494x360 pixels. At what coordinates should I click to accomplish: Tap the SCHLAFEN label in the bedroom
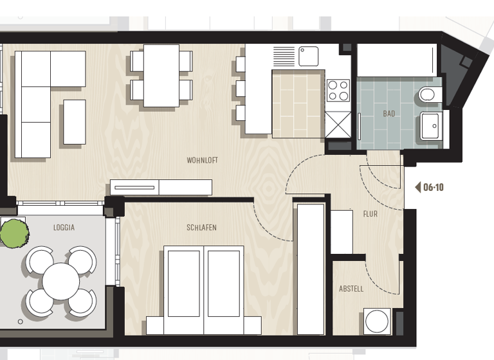(201, 228)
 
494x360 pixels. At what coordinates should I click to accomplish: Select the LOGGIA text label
(64, 228)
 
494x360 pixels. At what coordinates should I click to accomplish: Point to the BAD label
(389, 114)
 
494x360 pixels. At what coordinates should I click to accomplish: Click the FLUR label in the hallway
(370, 214)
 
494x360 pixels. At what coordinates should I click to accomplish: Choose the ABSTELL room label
(351, 289)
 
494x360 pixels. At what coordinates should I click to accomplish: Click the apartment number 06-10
(434, 188)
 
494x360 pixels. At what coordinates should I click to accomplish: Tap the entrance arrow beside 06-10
(417, 188)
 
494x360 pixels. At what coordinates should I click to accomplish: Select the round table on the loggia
(61, 281)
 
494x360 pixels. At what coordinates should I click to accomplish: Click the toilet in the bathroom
(428, 95)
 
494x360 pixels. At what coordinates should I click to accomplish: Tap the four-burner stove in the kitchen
(338, 91)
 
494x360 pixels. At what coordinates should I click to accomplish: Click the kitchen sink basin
(309, 56)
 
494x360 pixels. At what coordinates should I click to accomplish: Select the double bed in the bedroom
(203, 290)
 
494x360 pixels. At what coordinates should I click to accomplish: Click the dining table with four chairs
(161, 75)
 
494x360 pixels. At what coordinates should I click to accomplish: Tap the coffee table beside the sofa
(74, 122)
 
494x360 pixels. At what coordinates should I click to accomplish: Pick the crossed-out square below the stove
(338, 123)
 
